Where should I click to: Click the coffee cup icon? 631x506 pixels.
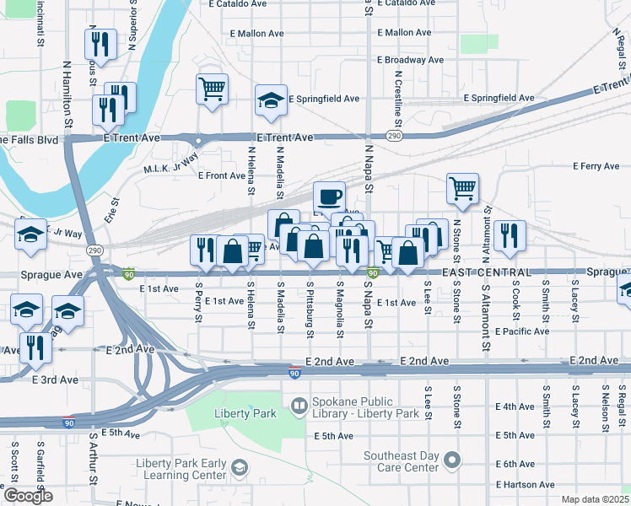pos(329,197)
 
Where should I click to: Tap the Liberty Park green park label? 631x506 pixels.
pos(246,413)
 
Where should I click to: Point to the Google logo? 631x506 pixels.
pos(27,496)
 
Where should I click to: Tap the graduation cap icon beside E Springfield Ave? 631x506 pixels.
pos(272,101)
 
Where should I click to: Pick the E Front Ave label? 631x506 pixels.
pos(221,175)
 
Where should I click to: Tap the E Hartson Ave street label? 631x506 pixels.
pos(526,485)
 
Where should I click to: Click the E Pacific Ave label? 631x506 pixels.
pos(523,331)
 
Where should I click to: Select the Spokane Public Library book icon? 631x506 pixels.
pos(298,407)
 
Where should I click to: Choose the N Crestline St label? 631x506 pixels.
pos(397,100)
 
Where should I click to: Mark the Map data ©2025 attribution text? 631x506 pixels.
pos(594,499)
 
